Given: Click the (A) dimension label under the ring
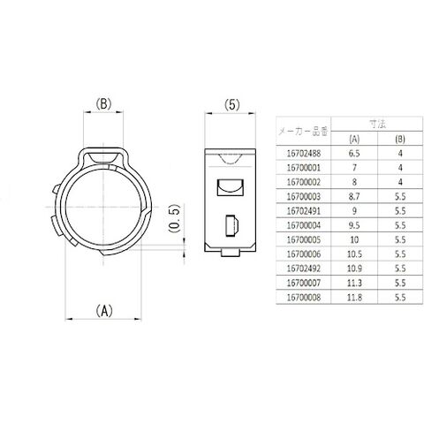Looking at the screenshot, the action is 104,311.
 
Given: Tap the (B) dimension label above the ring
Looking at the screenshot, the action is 103,103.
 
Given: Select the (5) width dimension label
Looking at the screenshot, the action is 231,104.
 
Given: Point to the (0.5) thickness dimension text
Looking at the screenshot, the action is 174,218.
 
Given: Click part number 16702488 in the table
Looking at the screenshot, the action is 304,154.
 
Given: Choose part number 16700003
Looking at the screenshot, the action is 304,197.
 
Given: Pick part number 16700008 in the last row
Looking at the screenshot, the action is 304,298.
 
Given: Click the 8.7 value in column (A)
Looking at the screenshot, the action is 354,197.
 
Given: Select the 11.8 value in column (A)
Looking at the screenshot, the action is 354,298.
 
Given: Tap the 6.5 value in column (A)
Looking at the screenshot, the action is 354,154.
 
